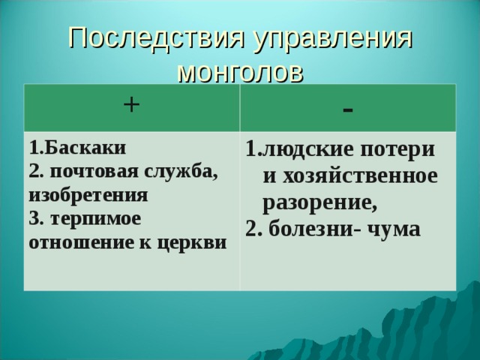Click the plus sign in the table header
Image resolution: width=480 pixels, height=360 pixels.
coord(130,105)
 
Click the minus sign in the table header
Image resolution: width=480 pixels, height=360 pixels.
coord(346,109)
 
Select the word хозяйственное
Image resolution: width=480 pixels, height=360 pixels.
coord(349,176)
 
